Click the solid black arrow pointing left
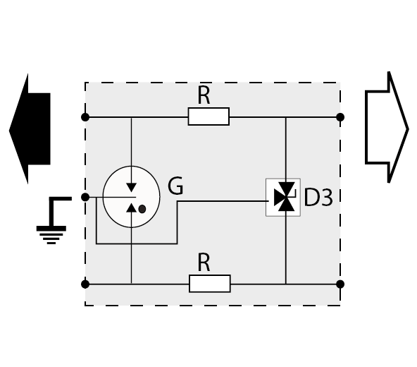click(32, 129)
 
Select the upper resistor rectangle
click(208, 116)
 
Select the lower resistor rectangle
click(210, 284)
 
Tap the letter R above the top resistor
click(204, 95)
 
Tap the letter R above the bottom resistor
click(204, 263)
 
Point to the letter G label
click(175, 186)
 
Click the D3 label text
click(318, 197)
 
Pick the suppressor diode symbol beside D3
click(283, 197)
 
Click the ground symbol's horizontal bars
click(51, 234)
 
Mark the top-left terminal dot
click(85, 117)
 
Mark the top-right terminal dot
click(340, 117)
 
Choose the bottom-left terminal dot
click(85, 284)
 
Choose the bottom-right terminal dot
click(340, 284)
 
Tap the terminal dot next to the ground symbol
click(85, 197)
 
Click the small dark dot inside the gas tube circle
click(142, 209)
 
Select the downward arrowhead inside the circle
click(132, 187)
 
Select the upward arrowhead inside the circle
click(132, 207)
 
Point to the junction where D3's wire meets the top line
click(286, 117)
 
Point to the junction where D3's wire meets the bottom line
click(286, 284)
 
